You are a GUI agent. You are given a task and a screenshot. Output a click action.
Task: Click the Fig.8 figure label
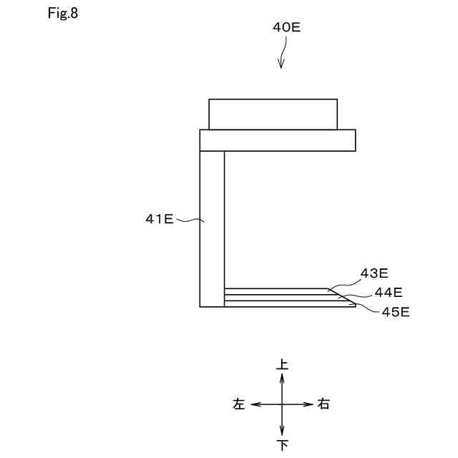(x=63, y=14)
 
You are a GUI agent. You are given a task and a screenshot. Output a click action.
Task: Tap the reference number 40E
(x=286, y=27)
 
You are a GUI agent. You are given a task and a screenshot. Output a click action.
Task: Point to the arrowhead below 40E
(x=281, y=64)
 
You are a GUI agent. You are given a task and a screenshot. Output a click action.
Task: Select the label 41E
(x=159, y=219)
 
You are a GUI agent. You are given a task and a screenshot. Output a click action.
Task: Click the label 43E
(x=374, y=273)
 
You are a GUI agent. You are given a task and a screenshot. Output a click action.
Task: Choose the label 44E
(x=389, y=293)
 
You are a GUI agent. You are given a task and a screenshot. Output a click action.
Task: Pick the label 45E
(x=396, y=312)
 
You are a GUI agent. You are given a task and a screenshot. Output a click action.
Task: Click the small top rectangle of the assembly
(x=273, y=114)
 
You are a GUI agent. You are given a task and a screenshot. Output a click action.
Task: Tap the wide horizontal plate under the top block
(x=278, y=140)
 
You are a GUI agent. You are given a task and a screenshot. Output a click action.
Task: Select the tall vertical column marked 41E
(x=212, y=229)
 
